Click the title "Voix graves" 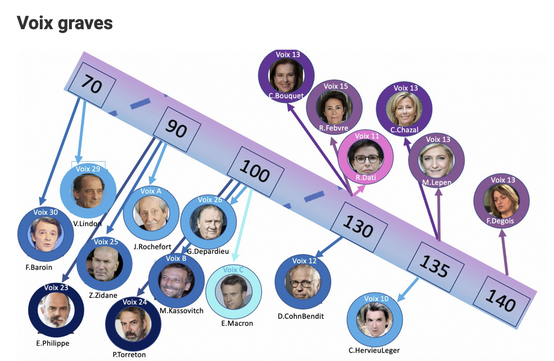coord(65,22)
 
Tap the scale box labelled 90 coord(176,127)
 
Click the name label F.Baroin coord(38,267)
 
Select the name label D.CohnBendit coord(300,316)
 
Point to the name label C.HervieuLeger coord(374,350)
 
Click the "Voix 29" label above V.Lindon coord(88,169)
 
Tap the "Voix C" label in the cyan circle coord(233,270)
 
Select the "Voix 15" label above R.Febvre coord(336,86)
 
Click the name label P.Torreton coord(129,354)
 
